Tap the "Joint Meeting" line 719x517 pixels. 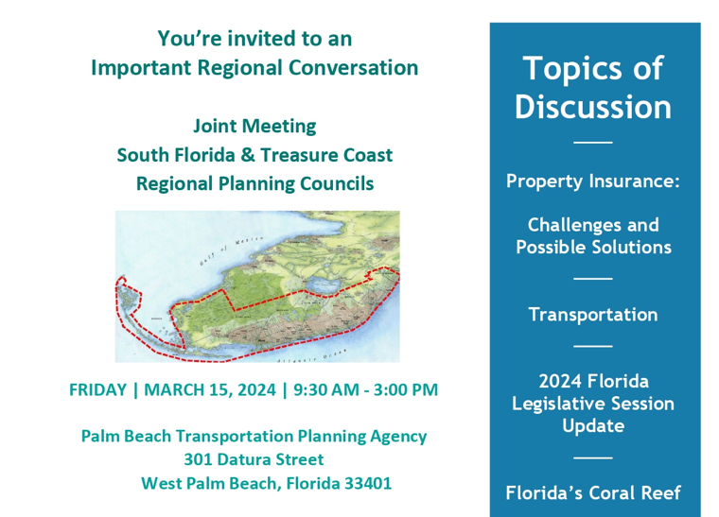pyautogui.click(x=254, y=125)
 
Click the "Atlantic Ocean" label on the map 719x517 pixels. pyautogui.click(x=309, y=359)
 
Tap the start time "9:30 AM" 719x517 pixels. pyautogui.click(x=328, y=389)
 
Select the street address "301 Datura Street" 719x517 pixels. pyautogui.click(x=254, y=460)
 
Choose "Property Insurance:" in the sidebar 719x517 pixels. pyautogui.click(x=593, y=181)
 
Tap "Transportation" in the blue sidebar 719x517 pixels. pyautogui.click(x=593, y=315)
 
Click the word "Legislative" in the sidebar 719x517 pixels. pyautogui.click(x=593, y=404)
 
